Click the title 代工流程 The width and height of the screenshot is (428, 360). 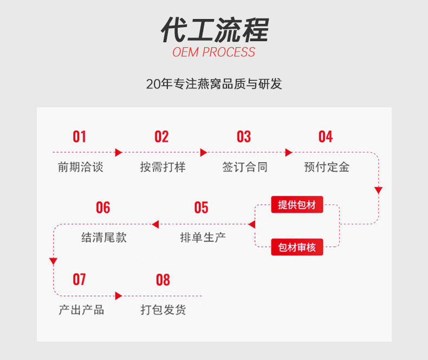[x=214, y=30]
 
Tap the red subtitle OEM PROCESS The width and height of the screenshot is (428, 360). [x=214, y=53]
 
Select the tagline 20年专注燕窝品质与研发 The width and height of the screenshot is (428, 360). [x=214, y=84]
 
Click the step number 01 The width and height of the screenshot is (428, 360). [x=80, y=137]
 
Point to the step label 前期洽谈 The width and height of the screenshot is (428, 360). [x=80, y=167]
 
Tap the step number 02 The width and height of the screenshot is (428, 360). [x=161, y=137]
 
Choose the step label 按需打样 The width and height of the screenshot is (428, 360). [x=163, y=167]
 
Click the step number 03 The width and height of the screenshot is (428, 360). [x=244, y=137]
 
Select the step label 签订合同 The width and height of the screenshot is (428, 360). [x=245, y=167]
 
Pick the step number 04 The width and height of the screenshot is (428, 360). [x=326, y=137]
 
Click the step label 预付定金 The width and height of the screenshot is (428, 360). [x=327, y=167]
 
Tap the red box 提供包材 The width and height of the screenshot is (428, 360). [x=297, y=205]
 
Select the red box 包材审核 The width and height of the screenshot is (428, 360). [x=297, y=248]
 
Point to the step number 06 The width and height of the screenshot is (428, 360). [x=103, y=208]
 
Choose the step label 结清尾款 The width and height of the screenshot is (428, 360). [x=104, y=237]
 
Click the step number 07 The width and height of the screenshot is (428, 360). [x=80, y=279]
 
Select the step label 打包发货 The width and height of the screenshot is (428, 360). [x=163, y=310]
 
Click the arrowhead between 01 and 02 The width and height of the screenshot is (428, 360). [x=119, y=153]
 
